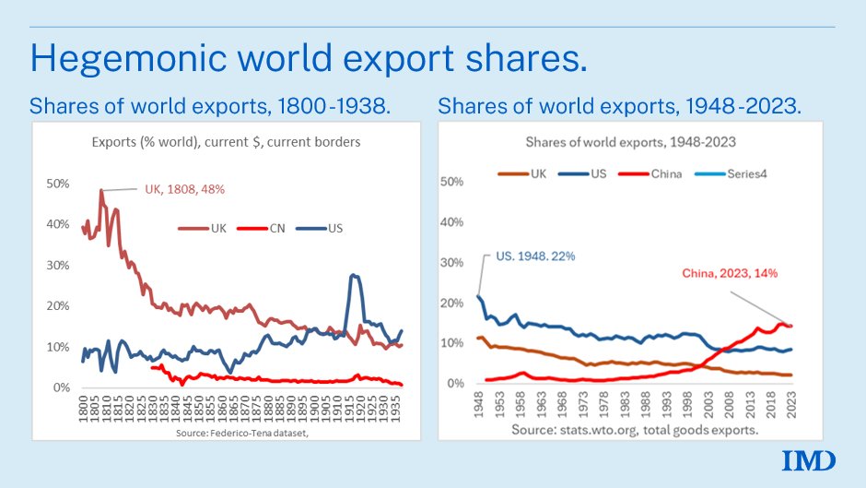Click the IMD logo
click(809, 460)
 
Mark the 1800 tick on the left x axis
click(83, 410)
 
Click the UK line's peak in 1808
click(101, 190)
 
